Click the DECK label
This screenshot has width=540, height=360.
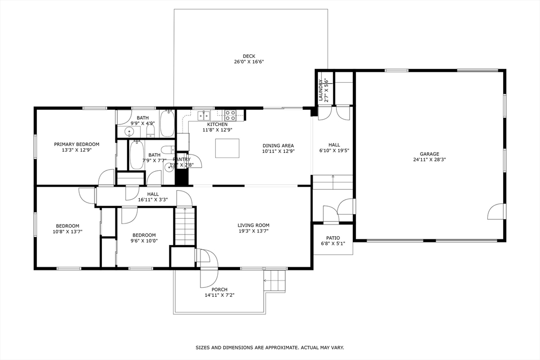[x=249, y=56]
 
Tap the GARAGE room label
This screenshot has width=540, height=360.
[x=429, y=154]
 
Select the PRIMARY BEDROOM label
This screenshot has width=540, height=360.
[x=76, y=144]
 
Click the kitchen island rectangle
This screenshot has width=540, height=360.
[x=227, y=148]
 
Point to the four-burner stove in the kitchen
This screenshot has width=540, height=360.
[x=230, y=114]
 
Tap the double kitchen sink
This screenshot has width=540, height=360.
[x=204, y=115]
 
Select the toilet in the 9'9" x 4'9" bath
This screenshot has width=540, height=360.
[x=150, y=130]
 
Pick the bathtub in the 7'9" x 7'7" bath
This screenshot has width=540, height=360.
[x=137, y=154]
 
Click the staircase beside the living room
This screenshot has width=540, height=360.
[x=185, y=226]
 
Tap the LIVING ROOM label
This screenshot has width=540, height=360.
[x=253, y=225]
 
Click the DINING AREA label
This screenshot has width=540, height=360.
[x=278, y=145]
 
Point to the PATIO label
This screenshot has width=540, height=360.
[x=333, y=238]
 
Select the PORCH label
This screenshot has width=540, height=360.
[x=219, y=289]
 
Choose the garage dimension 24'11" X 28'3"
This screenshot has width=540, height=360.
[x=429, y=160]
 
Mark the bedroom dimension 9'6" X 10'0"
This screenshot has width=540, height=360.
[x=144, y=241]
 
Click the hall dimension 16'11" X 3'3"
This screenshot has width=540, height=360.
[x=153, y=200]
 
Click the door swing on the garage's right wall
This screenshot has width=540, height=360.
[x=496, y=212]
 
